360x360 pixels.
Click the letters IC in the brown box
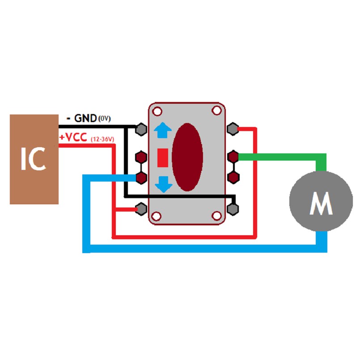click(x=34, y=159)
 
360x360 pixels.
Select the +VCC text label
click(x=73, y=138)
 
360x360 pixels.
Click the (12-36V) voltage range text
click(x=102, y=139)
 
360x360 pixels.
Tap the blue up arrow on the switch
click(x=163, y=131)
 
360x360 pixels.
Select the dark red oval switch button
click(x=187, y=157)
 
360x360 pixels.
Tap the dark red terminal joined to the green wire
click(x=233, y=157)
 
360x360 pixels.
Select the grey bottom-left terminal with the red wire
click(x=141, y=208)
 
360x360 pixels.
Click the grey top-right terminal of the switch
click(x=233, y=129)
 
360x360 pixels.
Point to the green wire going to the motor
click(x=282, y=157)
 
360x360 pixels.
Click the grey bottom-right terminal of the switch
click(x=233, y=208)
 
